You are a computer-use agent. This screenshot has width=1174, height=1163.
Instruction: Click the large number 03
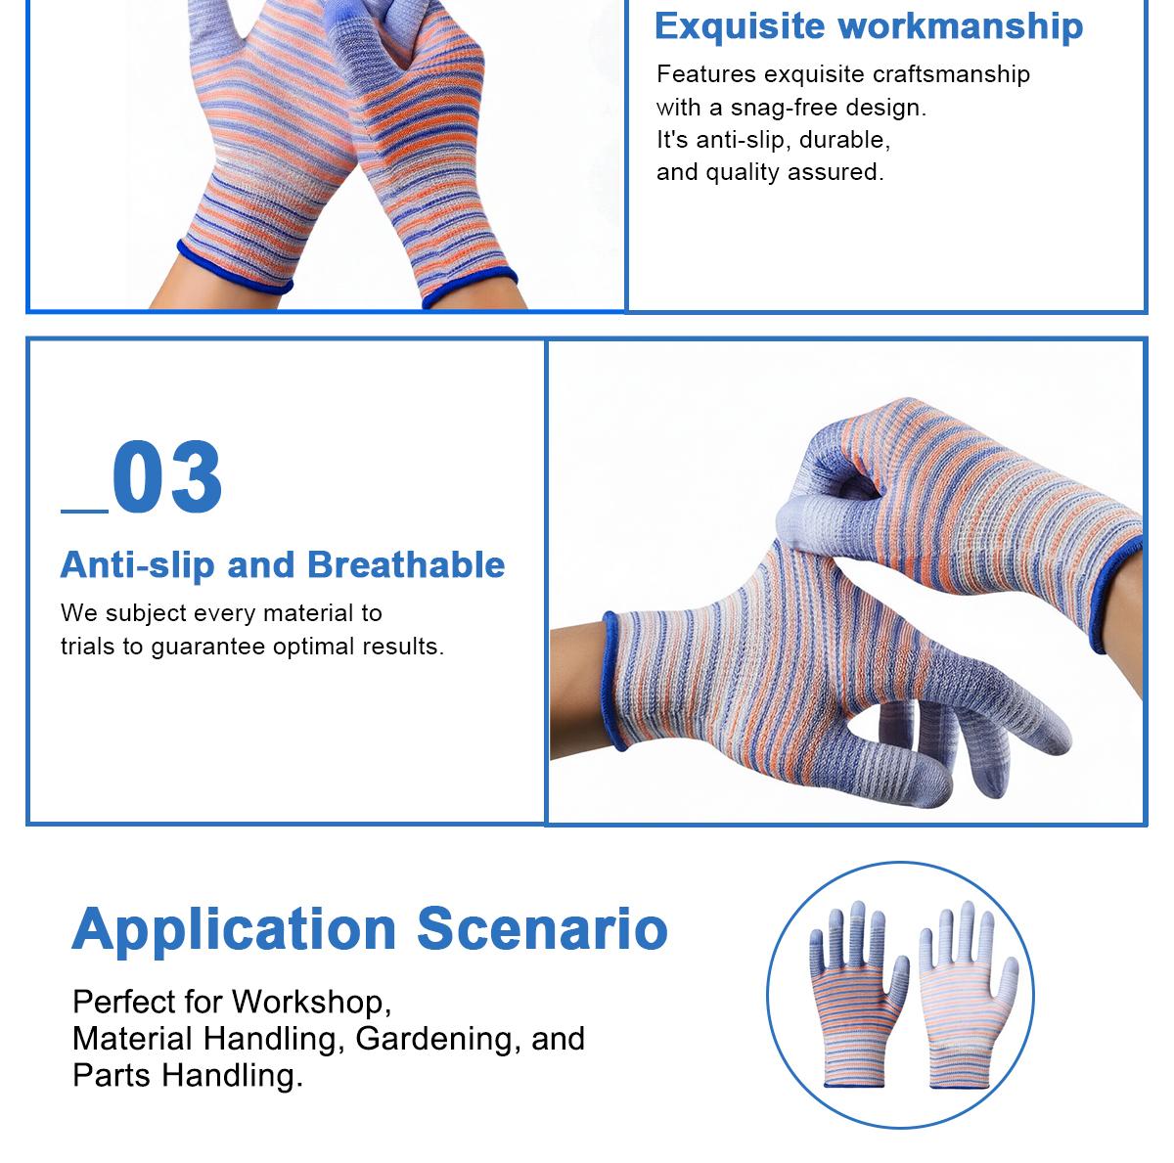click(167, 478)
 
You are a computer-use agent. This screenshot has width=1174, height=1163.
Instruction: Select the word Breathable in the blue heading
click(406, 565)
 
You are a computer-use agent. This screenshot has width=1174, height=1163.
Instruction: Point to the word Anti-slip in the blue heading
click(136, 565)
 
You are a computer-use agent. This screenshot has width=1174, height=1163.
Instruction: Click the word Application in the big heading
click(234, 929)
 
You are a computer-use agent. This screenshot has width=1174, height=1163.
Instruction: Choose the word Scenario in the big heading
click(543, 929)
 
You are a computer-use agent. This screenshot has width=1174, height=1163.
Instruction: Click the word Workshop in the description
click(311, 1002)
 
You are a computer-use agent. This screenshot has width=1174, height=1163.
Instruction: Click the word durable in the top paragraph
click(844, 140)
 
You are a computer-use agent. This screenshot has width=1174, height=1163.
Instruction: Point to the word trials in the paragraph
click(88, 647)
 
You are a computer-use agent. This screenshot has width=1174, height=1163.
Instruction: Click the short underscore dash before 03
click(84, 509)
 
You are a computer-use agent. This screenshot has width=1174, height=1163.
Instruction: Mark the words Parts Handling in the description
click(187, 1075)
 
